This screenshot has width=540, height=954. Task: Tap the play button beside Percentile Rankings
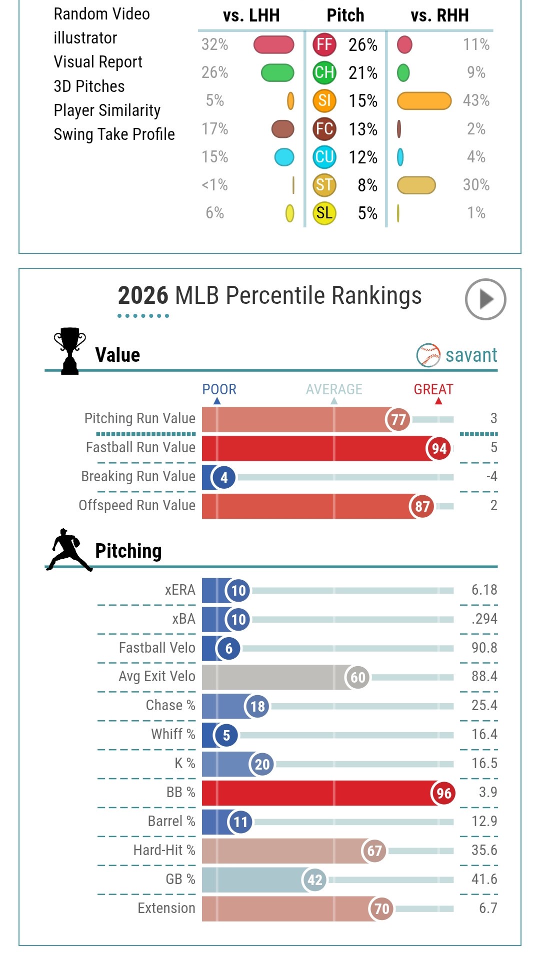485,299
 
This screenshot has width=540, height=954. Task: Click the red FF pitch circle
324,44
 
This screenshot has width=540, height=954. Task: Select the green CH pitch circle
324,72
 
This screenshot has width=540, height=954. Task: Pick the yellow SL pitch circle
324,213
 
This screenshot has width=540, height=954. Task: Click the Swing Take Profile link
114,134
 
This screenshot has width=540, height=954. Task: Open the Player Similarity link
107,110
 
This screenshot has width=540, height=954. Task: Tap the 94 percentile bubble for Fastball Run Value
439,448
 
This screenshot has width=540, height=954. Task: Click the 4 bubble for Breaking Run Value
223,477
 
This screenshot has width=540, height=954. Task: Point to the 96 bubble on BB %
443,793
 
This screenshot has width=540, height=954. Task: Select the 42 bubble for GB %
314,880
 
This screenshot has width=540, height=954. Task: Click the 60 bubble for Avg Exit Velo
357,677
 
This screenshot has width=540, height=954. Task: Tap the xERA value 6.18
484,590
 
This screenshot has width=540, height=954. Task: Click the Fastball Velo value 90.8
484,648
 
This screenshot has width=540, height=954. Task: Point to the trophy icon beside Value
69,351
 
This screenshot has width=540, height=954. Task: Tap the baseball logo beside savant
428,355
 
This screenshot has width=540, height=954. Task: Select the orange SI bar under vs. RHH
424,100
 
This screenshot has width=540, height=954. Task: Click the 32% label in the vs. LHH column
214,44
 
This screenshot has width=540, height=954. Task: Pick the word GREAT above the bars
433,389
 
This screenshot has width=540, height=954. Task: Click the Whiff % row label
173,734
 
